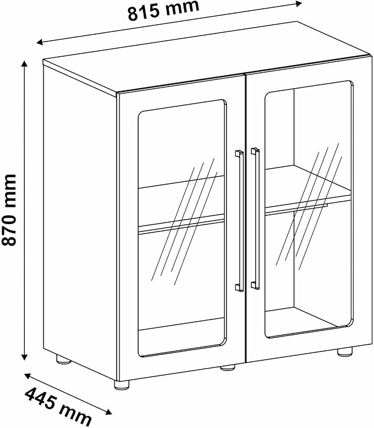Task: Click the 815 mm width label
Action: pos(163,10)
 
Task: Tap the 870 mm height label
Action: pos(9,210)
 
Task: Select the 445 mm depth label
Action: pos(58,407)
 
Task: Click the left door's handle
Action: pos(240,220)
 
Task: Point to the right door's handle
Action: pos(256,218)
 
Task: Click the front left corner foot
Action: pos(122,385)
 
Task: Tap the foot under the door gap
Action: pos(227,367)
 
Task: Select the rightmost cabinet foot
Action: pos(345,352)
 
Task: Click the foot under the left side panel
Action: pos(63,360)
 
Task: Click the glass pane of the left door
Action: pos(182,228)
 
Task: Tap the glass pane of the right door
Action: pos(308,209)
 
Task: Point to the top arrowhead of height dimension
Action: pos(25,64)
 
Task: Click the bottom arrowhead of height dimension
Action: pos(25,357)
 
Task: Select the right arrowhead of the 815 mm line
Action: pos(299,3)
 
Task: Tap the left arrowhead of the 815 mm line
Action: pos(40,42)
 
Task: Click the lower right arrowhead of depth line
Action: pos(109,412)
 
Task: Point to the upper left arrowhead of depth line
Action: pos(28,376)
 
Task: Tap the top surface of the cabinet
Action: pos(208,57)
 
